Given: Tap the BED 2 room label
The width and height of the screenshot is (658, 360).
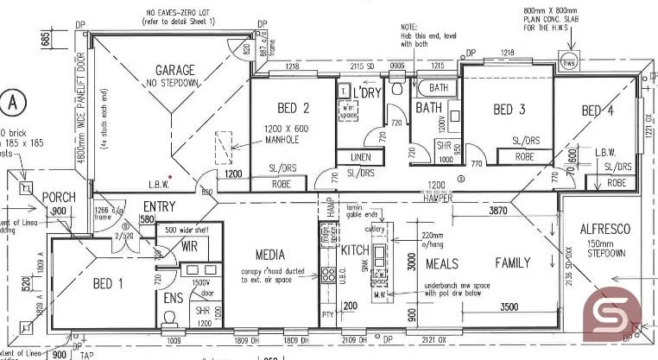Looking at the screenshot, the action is coord(293,109).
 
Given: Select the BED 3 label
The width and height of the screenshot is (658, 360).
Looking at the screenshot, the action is coord(509,110).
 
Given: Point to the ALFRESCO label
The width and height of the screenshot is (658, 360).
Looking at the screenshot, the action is coord(604,230).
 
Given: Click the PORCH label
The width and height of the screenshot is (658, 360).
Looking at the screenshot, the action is coord(59,197).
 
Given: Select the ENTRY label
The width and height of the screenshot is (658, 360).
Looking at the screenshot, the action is coord(159,207).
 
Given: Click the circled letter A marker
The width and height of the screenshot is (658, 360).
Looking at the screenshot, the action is coord(12,101).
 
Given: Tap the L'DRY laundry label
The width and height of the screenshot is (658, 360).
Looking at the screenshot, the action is coord(367,92).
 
